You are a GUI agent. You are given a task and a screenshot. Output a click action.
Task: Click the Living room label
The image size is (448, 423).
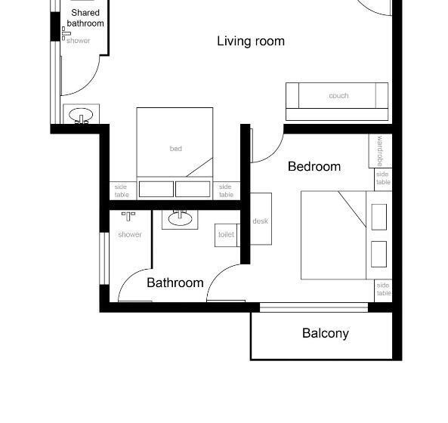click(251, 41)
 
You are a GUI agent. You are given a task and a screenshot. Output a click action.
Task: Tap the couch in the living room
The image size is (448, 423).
click(337, 97)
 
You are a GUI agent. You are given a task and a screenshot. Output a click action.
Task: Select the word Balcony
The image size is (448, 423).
click(326, 333)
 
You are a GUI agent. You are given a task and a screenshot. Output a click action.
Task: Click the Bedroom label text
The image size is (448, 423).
click(314, 166)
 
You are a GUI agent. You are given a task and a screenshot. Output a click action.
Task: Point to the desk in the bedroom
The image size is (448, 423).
click(261, 220)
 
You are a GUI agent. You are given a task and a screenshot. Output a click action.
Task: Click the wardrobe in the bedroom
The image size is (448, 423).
click(380, 151)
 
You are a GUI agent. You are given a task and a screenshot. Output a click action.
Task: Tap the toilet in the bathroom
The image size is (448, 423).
click(227, 235)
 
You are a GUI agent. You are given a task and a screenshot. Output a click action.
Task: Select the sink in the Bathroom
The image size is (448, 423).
click(180, 219)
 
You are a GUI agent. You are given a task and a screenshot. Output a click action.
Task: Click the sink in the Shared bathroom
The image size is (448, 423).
click(80, 116)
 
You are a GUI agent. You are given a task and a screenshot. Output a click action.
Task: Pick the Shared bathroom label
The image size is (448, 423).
click(85, 18)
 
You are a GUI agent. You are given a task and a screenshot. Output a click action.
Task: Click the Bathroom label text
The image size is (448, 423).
click(175, 283)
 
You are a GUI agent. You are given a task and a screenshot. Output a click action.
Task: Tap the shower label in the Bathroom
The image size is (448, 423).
click(129, 235)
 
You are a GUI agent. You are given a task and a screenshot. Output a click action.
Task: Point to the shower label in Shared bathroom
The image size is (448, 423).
click(79, 41)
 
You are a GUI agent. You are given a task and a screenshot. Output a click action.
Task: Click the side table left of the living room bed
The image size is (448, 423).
click(122, 190)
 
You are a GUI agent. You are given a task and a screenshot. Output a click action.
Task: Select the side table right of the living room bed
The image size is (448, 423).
click(226, 190)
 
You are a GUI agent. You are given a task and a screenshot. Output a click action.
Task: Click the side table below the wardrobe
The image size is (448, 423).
click(384, 178)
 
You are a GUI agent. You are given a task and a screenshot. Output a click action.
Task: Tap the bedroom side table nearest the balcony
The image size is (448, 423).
click(384, 289)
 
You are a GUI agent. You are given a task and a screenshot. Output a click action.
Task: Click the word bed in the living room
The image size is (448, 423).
click(175, 149)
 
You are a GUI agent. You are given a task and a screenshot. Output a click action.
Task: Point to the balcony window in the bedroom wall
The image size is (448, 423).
click(314, 307)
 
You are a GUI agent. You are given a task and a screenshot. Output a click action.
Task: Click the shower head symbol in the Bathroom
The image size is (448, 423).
click(128, 216)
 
